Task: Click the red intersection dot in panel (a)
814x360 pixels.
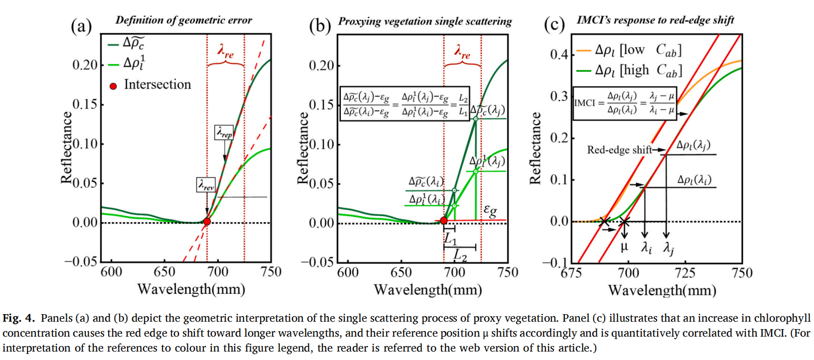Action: (x=207, y=222)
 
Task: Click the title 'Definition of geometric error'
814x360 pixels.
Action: (x=184, y=20)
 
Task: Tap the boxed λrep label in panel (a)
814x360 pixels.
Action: (x=224, y=132)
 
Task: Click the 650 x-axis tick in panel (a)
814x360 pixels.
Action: (x=164, y=272)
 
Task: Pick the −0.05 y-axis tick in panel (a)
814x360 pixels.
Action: (x=81, y=261)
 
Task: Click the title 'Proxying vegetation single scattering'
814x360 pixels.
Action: (x=425, y=21)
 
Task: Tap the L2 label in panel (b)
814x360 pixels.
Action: (x=460, y=255)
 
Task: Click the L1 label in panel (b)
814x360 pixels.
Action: (x=450, y=239)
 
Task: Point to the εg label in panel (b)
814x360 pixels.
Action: (x=490, y=211)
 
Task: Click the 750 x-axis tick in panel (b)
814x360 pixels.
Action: (x=508, y=272)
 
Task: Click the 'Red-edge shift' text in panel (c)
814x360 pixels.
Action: (x=619, y=150)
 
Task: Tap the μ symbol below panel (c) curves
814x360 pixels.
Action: (x=624, y=246)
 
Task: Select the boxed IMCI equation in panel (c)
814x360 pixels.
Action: (x=625, y=103)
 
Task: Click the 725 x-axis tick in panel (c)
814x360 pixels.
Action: (x=685, y=273)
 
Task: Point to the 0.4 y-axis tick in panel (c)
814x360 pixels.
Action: (x=559, y=54)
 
